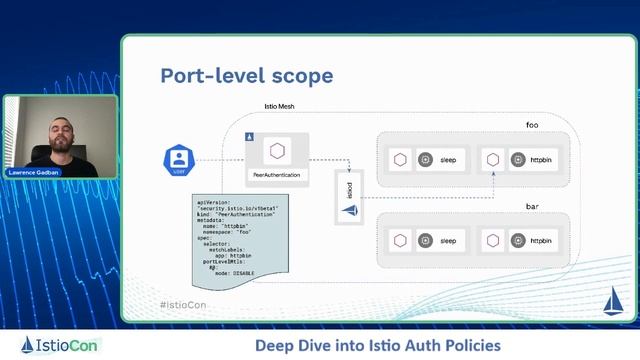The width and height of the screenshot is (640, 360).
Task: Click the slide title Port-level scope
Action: point(247,76)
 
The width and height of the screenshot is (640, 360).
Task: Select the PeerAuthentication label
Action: point(278,175)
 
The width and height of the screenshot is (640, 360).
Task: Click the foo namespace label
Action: point(532,125)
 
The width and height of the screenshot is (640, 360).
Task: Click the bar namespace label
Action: point(532,206)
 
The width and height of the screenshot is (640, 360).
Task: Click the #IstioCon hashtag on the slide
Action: point(182,304)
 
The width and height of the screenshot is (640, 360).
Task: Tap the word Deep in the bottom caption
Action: point(274,346)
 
